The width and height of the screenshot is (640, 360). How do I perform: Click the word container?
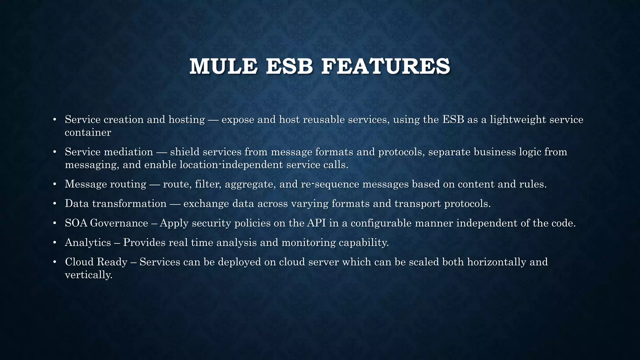(88, 132)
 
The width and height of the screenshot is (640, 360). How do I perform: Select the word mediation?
(128, 152)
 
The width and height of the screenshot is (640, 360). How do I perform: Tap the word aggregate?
(250, 184)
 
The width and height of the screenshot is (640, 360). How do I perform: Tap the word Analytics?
(88, 242)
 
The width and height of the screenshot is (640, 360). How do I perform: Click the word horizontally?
(497, 262)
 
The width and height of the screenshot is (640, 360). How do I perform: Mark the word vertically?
(88, 275)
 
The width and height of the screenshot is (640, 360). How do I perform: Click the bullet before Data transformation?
(54, 204)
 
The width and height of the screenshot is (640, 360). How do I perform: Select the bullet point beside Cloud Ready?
(54, 262)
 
